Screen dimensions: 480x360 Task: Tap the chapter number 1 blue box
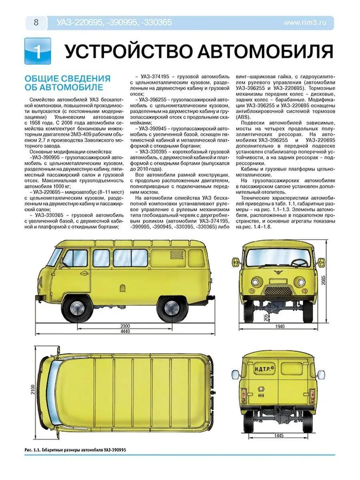click(x=38, y=52)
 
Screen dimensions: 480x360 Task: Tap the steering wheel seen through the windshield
click(x=299, y=263)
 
